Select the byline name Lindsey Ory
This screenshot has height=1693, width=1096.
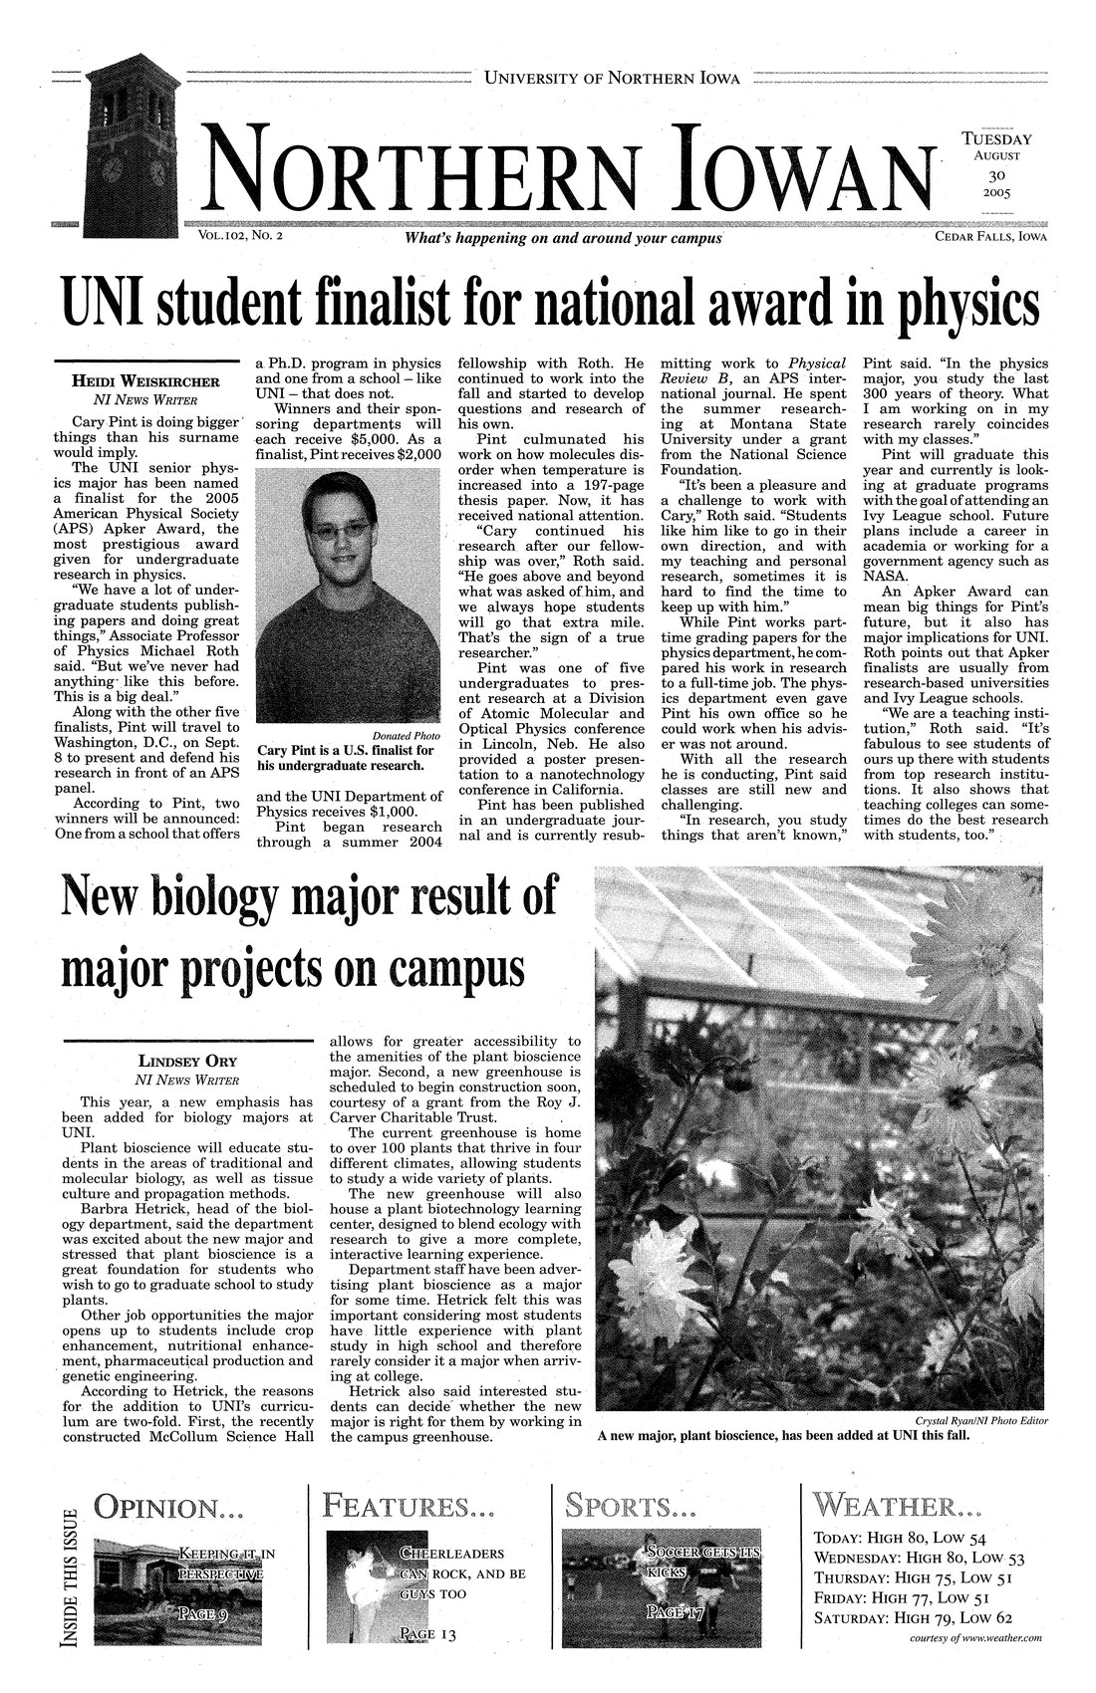coord(186,1060)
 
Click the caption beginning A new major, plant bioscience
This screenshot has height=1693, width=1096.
coord(782,1436)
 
